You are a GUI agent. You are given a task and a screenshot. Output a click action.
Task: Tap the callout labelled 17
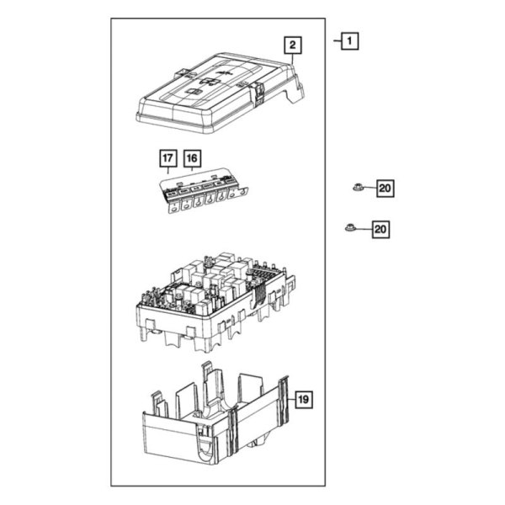pos(167,157)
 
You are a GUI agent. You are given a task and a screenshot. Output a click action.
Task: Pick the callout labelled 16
pos(192,157)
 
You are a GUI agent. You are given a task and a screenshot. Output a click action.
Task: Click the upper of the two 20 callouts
pos(384,189)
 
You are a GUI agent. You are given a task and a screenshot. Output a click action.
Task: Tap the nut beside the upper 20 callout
pos(358,189)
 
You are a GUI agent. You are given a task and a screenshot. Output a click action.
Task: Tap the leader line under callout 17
pos(168,171)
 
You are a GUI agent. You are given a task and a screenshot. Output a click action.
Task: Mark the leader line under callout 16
pos(193,171)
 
